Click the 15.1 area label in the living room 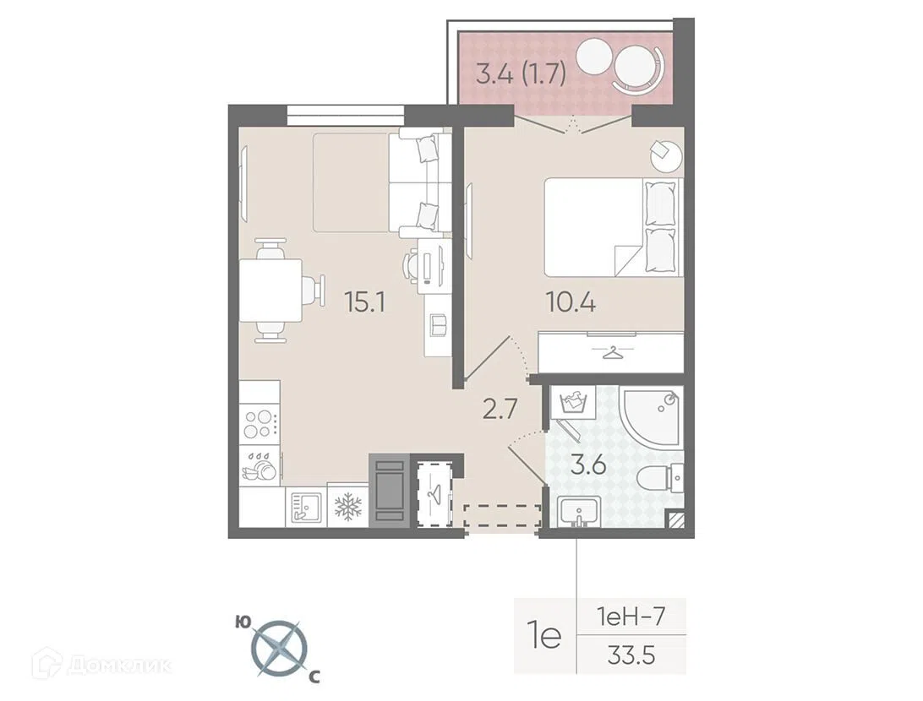pos(365,303)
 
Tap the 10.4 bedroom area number pos(571,303)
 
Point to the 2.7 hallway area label pos(500,409)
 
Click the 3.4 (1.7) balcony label pos(521,75)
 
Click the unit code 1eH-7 pos(631,617)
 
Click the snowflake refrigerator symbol pos(347,505)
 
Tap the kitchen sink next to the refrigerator pos(305,506)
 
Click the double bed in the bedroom pos(614,227)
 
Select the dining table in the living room pos(270,291)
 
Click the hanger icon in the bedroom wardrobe pos(611,353)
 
